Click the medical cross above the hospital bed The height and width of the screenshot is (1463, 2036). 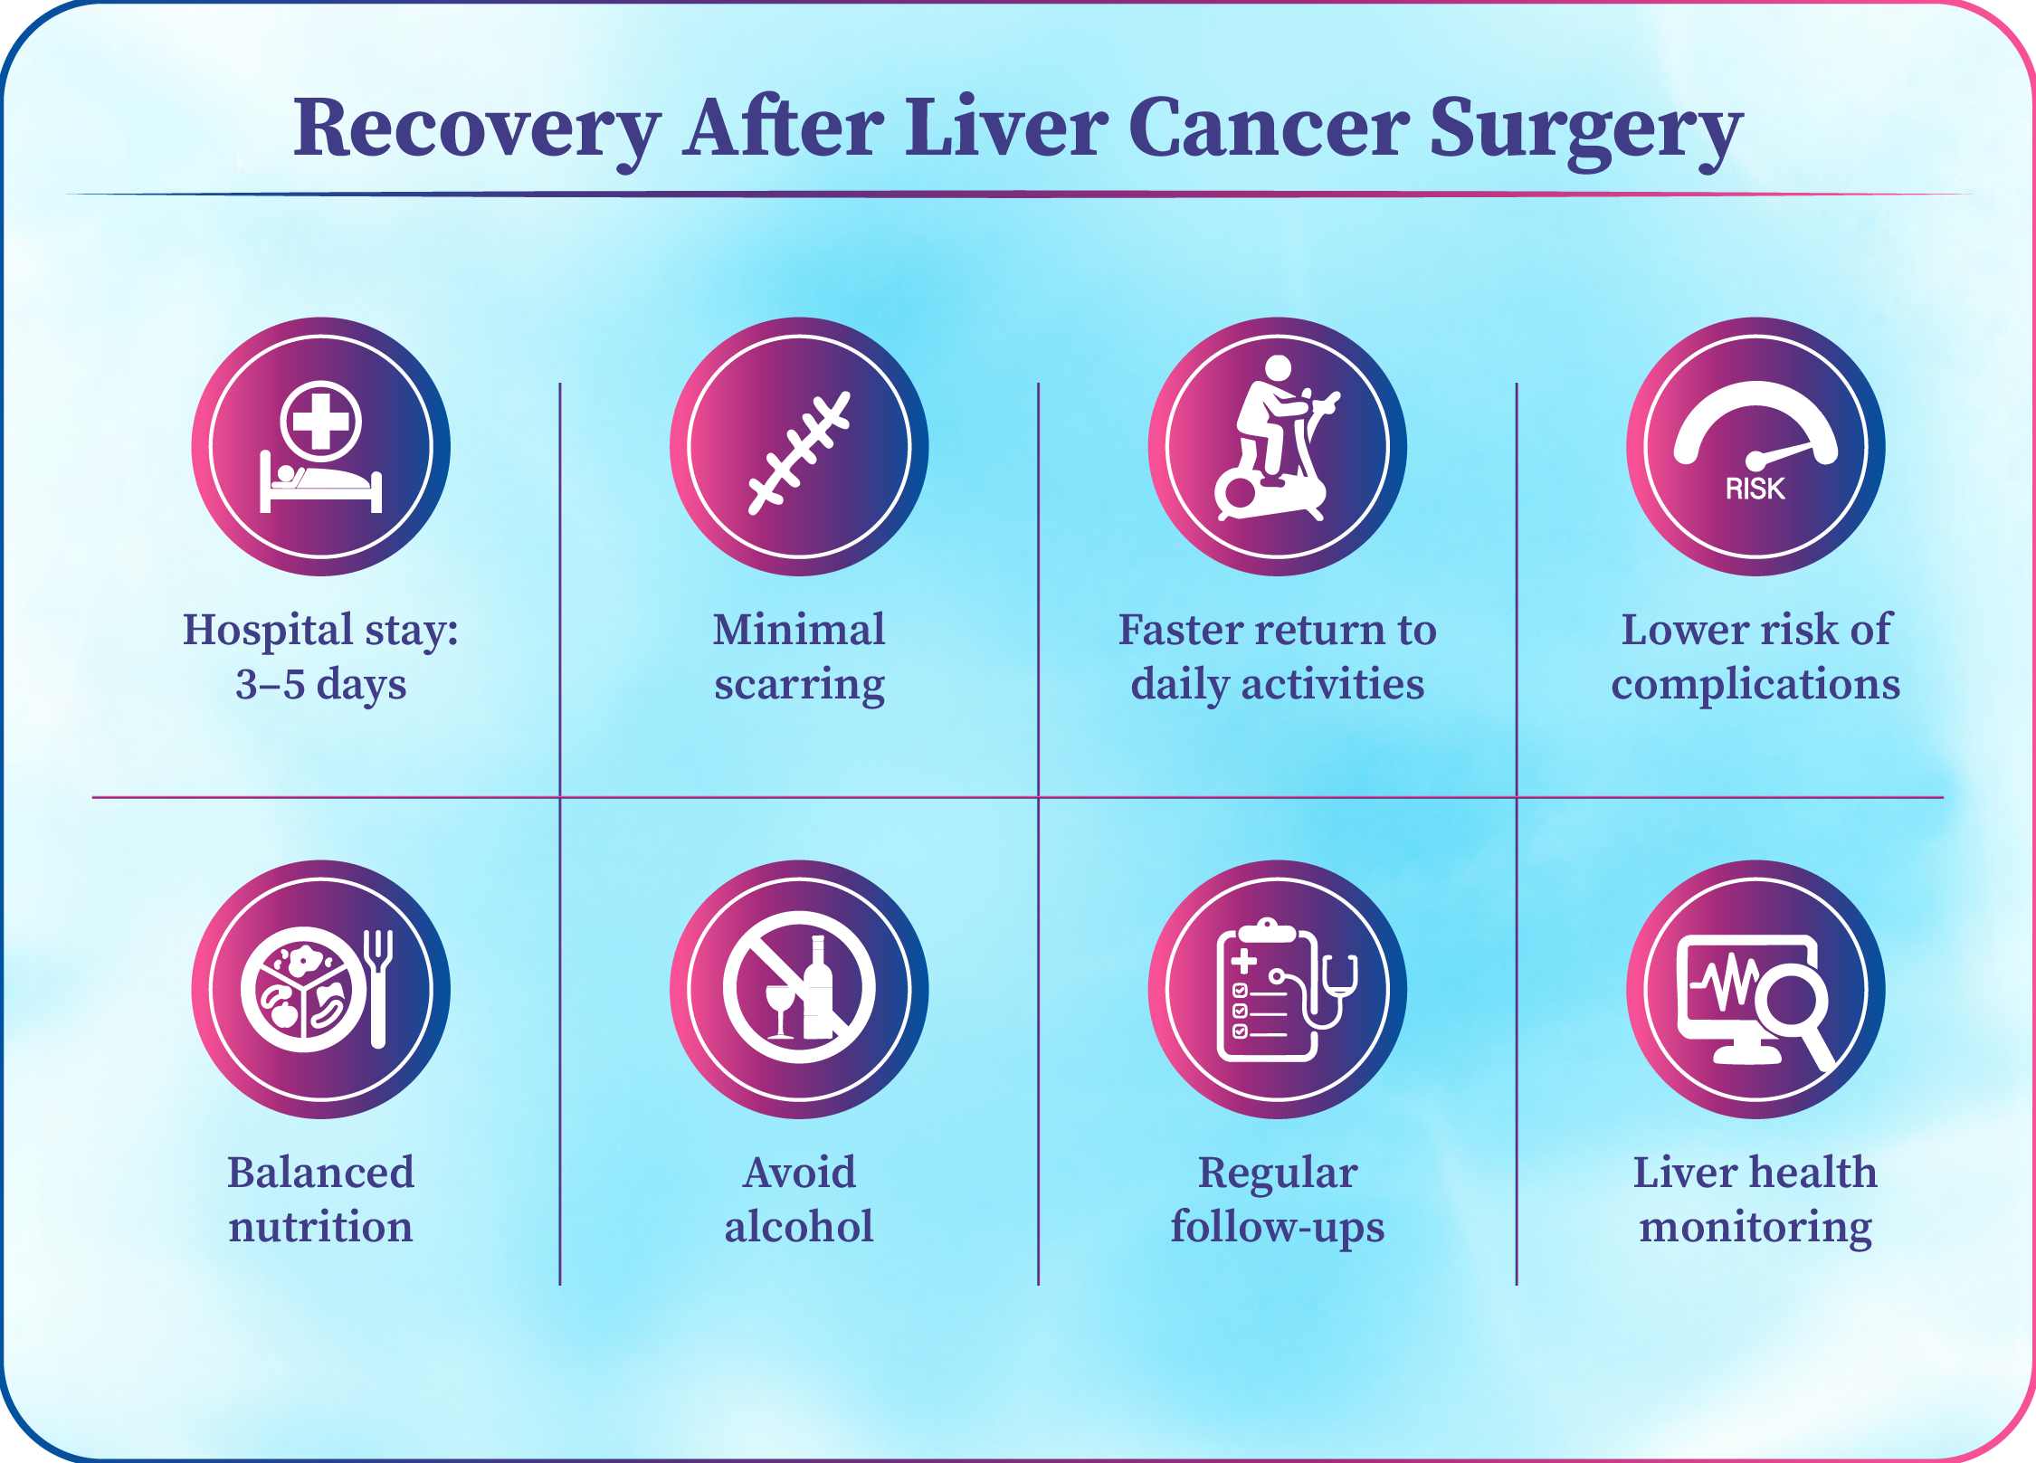(x=320, y=422)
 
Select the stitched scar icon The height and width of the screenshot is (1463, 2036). (x=799, y=452)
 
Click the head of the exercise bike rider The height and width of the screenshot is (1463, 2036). (x=1278, y=368)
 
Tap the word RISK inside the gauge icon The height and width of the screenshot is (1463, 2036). (x=1755, y=489)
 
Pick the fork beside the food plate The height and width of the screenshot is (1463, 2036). (x=378, y=989)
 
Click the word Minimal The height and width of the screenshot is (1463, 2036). (x=799, y=629)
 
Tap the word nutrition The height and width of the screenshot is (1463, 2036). (x=320, y=1227)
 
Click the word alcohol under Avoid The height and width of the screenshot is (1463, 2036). (x=799, y=1226)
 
